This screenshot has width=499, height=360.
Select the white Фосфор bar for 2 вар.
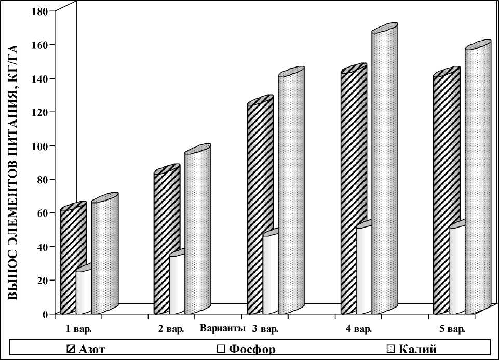(177, 285)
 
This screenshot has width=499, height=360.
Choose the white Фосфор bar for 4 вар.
(363, 270)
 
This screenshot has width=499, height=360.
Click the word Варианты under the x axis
(222, 329)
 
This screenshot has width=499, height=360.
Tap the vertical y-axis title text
(14, 171)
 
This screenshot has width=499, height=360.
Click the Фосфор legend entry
(247, 348)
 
